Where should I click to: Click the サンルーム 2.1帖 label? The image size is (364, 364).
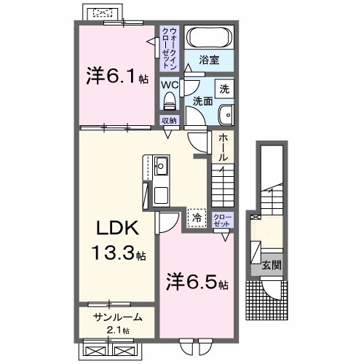(x=116, y=322)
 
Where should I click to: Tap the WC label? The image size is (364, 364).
(x=169, y=84)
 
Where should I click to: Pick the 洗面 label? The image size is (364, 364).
(x=203, y=102)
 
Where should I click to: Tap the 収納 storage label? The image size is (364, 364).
(x=168, y=120)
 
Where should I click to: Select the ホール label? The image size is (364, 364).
(x=223, y=148)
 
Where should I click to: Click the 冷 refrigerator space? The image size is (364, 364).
(x=196, y=216)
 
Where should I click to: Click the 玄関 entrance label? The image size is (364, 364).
(x=271, y=265)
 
